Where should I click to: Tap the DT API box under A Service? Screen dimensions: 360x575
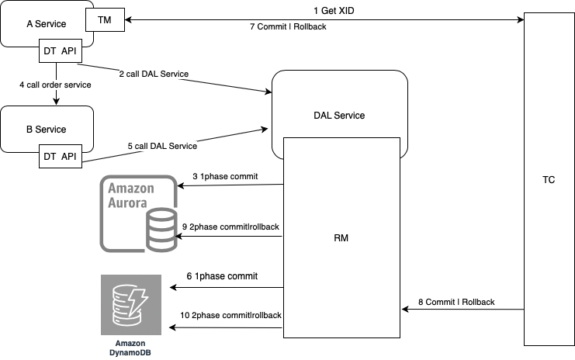[57, 52]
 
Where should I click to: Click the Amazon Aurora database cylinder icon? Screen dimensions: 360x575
[161, 222]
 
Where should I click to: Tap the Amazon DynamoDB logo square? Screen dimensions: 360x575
[131, 305]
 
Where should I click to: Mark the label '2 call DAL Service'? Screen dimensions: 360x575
[154, 74]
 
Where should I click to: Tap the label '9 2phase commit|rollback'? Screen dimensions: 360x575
[230, 227]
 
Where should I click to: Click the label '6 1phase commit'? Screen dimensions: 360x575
[222, 276]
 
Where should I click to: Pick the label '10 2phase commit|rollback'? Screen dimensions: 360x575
[230, 316]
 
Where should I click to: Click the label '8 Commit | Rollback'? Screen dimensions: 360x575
[456, 302]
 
